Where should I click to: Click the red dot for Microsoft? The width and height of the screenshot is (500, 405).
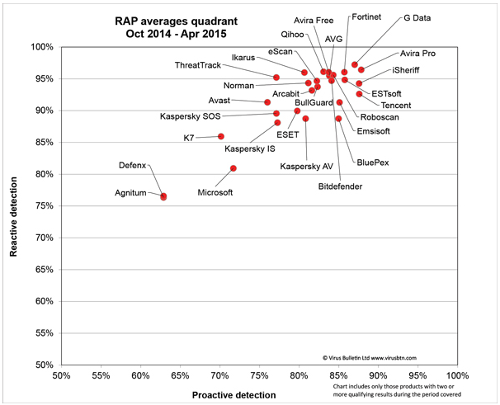(233, 168)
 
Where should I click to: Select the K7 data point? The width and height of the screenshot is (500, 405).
(220, 136)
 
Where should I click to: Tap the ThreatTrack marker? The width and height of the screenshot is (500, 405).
(276, 78)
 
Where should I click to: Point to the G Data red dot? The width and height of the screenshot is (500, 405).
(355, 64)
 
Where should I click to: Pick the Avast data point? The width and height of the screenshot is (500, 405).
(267, 102)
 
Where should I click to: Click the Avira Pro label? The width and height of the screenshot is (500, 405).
(417, 54)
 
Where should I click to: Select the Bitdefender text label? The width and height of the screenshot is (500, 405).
(340, 186)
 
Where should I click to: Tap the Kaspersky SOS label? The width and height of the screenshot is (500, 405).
(191, 116)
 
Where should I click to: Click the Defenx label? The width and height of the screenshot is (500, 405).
(132, 165)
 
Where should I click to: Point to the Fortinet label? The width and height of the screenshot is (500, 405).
(366, 16)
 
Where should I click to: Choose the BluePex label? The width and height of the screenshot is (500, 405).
(373, 162)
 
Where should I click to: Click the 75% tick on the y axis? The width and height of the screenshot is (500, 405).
(45, 206)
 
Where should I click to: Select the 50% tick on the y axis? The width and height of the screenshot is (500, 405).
(45, 365)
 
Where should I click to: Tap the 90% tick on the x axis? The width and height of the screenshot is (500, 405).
(378, 375)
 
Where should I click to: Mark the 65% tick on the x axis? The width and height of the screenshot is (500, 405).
(180, 375)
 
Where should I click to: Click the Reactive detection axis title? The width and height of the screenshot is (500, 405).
(13, 217)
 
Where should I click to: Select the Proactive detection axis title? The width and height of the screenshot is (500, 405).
(233, 395)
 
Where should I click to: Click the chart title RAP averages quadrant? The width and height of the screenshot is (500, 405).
(176, 21)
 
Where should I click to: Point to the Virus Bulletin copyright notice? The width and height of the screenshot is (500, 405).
(370, 358)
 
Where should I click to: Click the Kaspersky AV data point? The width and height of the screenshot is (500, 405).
(305, 119)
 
